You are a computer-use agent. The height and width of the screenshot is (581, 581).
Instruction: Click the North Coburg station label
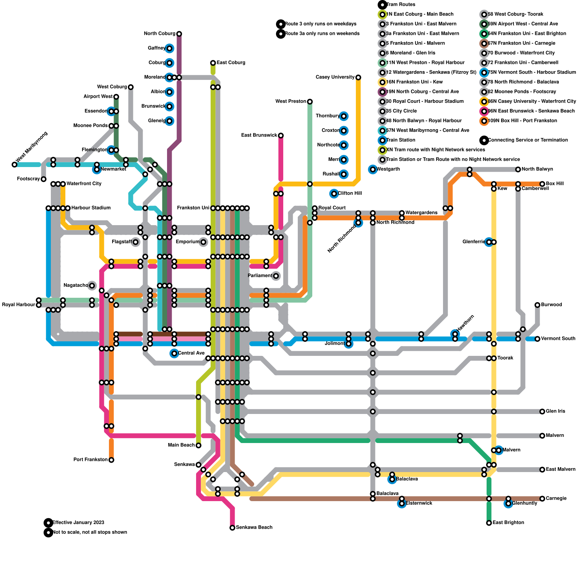point(159,34)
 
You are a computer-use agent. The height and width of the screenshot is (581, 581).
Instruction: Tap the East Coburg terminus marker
point(213,63)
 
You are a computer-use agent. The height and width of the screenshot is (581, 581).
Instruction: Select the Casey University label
point(335,77)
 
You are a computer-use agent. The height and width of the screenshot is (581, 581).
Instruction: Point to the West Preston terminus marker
point(310,102)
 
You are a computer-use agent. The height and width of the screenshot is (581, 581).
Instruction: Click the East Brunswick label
point(259,135)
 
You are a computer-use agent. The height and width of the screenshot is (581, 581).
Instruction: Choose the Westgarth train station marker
point(373,169)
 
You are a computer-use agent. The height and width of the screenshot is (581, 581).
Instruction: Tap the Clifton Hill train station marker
point(334,194)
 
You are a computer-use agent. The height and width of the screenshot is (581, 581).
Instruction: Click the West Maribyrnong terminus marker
point(15,164)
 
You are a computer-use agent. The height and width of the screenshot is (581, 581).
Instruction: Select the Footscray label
point(28,179)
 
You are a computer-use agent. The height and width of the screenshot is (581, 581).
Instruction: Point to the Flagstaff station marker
point(135,242)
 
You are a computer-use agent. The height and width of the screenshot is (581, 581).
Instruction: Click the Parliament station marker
point(276,276)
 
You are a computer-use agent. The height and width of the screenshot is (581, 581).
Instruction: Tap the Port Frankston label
point(90,460)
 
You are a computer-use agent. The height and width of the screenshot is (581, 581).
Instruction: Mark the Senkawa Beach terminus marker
point(232,528)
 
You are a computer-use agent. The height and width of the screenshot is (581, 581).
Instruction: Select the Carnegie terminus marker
point(542,499)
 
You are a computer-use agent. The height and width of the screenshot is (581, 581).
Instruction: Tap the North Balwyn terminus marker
point(518,170)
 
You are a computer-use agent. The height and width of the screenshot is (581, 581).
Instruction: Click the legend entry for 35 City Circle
point(401,111)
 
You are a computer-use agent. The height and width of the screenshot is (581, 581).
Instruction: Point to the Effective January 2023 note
point(78,523)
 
